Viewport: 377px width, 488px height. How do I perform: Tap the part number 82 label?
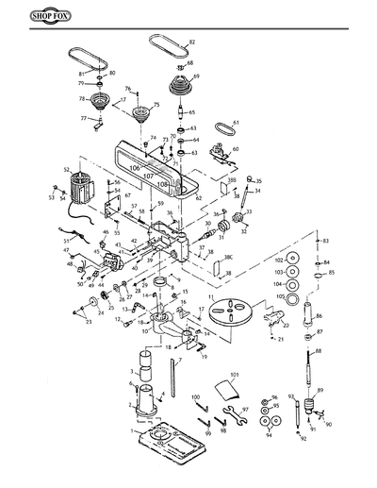[x=192, y=43]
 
